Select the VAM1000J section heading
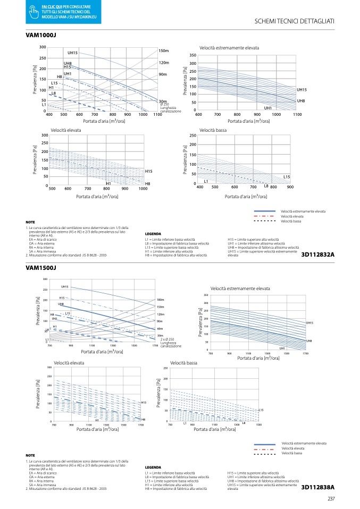click(x=41, y=35)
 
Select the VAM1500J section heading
click(x=41, y=267)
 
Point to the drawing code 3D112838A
click(x=317, y=487)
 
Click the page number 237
click(x=330, y=498)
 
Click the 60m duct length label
click(x=160, y=329)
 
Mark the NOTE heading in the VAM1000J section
click(x=30, y=222)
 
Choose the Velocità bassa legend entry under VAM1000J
click(x=290, y=221)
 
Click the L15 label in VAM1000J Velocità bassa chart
click(x=286, y=176)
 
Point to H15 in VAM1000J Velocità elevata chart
click(x=148, y=171)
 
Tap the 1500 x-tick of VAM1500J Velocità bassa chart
click(x=258, y=425)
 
